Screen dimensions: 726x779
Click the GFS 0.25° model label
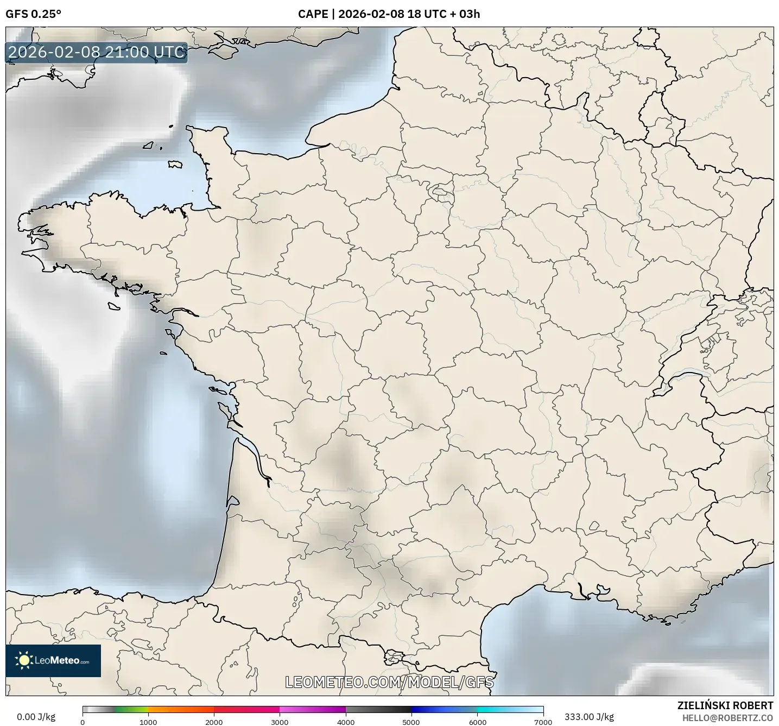pyautogui.click(x=33, y=14)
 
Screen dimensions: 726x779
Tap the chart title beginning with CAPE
pyautogui.click(x=389, y=14)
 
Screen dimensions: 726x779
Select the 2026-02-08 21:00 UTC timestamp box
pyautogui.click(x=97, y=52)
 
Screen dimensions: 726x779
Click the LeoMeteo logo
pyautogui.click(x=53, y=660)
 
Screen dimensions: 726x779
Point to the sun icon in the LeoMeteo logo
pyautogui.click(x=24, y=660)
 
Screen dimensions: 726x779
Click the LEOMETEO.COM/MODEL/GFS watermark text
pyautogui.click(x=389, y=681)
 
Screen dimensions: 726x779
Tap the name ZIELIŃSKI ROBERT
pyautogui.click(x=725, y=705)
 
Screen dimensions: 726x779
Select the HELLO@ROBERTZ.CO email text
pyautogui.click(x=727, y=718)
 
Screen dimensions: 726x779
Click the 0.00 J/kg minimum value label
pyautogui.click(x=36, y=717)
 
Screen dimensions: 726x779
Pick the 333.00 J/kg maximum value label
pyautogui.click(x=589, y=717)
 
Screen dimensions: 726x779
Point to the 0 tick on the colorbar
pyautogui.click(x=83, y=722)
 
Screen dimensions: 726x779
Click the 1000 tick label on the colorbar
pyautogui.click(x=148, y=722)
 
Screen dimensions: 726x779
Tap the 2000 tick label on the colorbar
pyautogui.click(x=214, y=722)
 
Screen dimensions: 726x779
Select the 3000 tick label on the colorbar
pyautogui.click(x=280, y=722)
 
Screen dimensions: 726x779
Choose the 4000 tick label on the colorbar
pyautogui.click(x=346, y=722)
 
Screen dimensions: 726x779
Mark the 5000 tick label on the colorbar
pyautogui.click(x=411, y=722)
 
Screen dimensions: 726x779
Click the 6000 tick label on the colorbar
pyautogui.click(x=477, y=722)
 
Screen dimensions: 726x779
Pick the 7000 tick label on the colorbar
pyautogui.click(x=543, y=722)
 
